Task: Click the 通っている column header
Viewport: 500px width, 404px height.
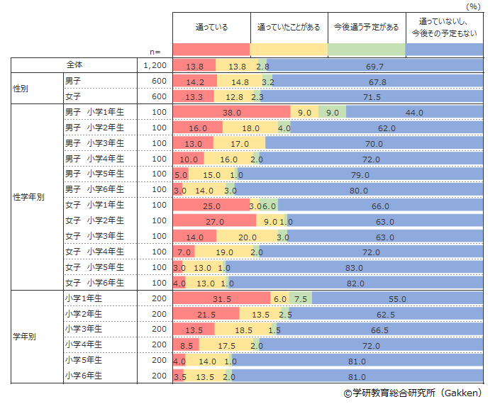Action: pos(211,27)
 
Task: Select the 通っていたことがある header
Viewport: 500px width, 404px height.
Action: pos(289,27)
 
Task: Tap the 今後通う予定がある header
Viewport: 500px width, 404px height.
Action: pos(366,27)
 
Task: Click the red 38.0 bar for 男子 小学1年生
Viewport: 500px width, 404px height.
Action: pos(232,112)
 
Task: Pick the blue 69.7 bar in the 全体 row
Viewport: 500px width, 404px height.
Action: pos(375,65)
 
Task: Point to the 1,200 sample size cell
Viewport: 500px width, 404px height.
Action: pos(154,65)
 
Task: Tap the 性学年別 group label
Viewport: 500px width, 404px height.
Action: pos(28,197)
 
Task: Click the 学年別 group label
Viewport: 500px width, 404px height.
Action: pos(24,337)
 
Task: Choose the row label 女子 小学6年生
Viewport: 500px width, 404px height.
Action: pos(94,283)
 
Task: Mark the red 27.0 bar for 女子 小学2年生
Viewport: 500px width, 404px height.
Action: pos(215,221)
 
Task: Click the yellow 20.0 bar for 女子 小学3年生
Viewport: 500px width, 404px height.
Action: pos(247,237)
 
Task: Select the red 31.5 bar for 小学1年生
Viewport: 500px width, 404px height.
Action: pos(222,299)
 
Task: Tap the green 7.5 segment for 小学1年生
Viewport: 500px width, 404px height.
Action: pos(301,299)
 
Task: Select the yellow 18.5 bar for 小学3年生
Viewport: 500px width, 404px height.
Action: pos(243,330)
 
